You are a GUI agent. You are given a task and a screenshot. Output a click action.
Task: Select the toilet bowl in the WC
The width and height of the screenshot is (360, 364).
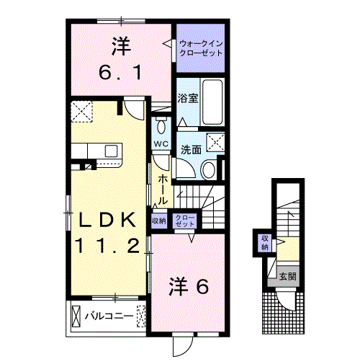coord(161,127)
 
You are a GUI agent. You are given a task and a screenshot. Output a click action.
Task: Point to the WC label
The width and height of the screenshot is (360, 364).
coord(161,143)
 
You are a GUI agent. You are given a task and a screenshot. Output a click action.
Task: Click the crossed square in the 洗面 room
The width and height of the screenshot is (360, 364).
coord(216,142)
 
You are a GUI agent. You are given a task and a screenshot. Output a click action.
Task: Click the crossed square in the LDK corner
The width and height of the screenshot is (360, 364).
coord(82,113)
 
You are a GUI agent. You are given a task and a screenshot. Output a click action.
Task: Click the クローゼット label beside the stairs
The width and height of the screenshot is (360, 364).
coord(185,221)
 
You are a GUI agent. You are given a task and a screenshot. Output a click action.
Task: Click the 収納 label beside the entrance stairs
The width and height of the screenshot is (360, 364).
coord(264,241)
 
